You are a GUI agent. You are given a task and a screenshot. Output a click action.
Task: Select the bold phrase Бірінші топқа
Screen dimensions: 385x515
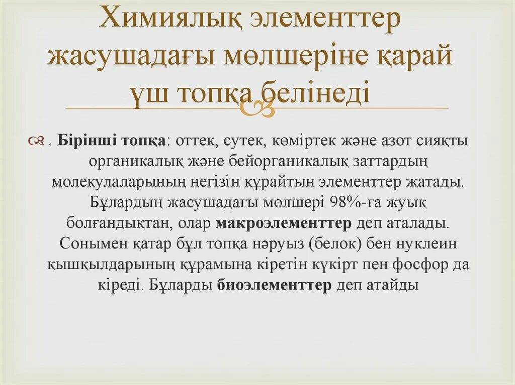[x=112, y=142]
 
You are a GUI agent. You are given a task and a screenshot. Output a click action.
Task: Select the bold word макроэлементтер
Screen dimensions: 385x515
[x=284, y=223]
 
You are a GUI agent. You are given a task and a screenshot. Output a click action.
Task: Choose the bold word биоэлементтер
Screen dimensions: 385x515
[x=274, y=285]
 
